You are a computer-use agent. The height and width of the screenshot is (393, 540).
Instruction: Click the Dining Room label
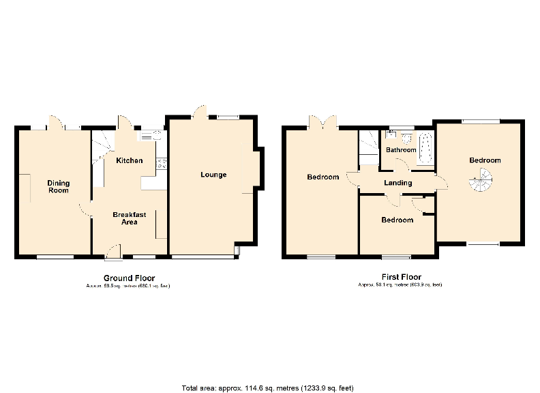(x=59, y=186)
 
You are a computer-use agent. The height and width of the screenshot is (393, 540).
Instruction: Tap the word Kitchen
(x=129, y=161)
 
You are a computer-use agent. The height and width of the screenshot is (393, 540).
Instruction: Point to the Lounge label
(x=213, y=175)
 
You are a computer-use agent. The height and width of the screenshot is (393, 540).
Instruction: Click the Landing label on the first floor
(x=397, y=183)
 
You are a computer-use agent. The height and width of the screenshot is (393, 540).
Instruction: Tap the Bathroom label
(x=401, y=149)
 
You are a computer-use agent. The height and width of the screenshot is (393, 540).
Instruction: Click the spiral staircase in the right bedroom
(x=481, y=182)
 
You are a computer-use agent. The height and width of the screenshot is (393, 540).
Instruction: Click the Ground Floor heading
(x=129, y=278)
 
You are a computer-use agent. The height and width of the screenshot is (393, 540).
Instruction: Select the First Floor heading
(x=400, y=278)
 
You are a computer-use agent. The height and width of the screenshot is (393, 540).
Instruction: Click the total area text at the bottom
(x=267, y=388)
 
